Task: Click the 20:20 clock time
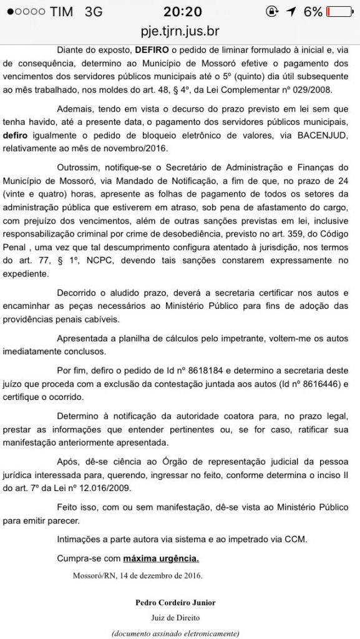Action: (x=180, y=12)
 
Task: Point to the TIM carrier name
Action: (x=61, y=12)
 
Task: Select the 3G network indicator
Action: (x=94, y=12)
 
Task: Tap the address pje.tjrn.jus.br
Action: (x=180, y=31)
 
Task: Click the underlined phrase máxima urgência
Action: (x=161, y=557)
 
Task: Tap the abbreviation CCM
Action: (x=296, y=540)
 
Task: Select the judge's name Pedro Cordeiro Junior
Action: (x=175, y=602)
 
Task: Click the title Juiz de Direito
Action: (x=175, y=617)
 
